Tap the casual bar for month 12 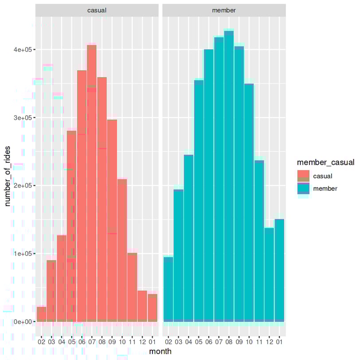pyautogui.click(x=142, y=306)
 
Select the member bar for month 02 pyautogui.click(x=168, y=289)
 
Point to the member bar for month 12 pyautogui.click(x=269, y=274)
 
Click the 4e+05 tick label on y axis pyautogui.click(x=23, y=50)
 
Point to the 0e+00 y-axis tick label pyautogui.click(x=23, y=321)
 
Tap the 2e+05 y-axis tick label pyautogui.click(x=23, y=186)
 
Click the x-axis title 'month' pyautogui.click(x=160, y=351)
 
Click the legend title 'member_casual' pyautogui.click(x=326, y=163)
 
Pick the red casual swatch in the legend pyautogui.click(x=303, y=176)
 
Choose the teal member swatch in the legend pyautogui.click(x=303, y=188)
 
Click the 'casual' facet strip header pyautogui.click(x=97, y=10)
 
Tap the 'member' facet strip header pyautogui.click(x=224, y=10)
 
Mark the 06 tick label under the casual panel pyautogui.click(x=82, y=342)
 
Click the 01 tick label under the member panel pyautogui.click(x=279, y=342)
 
